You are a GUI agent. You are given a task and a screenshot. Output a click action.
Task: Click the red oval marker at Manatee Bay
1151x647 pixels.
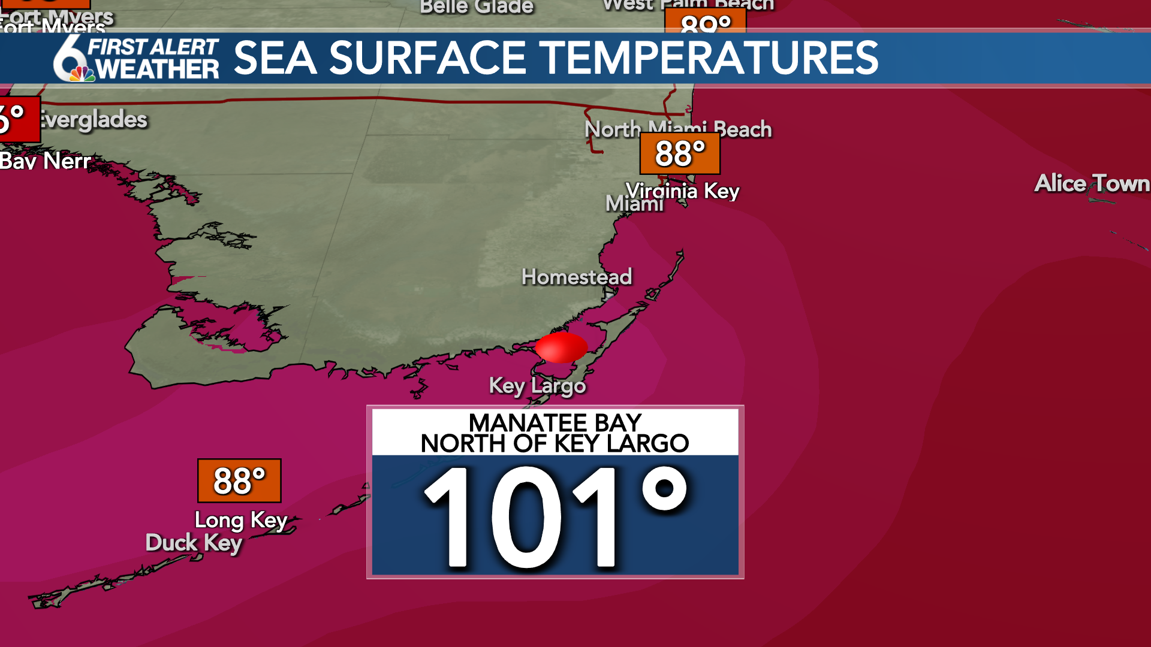point(561,347)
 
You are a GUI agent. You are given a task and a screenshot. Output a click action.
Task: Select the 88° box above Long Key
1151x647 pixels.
point(239,480)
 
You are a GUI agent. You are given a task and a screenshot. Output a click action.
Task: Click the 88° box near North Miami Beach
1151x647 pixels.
point(680,153)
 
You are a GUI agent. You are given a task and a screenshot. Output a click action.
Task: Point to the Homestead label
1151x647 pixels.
point(577,277)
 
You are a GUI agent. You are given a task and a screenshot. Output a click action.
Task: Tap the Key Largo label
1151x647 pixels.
point(537,386)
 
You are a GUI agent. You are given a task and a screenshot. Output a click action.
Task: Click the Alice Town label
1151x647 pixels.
point(1092,183)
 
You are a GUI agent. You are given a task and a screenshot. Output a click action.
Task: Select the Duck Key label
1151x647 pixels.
point(194,543)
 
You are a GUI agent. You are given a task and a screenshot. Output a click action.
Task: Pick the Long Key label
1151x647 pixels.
point(241,520)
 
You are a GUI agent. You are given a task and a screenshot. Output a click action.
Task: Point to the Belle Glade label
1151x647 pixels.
point(477,7)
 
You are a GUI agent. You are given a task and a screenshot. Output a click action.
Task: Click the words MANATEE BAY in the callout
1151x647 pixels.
point(555,422)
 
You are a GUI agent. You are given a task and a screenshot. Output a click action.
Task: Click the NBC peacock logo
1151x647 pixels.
point(82,74)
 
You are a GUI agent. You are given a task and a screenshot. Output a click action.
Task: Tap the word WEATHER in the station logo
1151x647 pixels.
point(158,69)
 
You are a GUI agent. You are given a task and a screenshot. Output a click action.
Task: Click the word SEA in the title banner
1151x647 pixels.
point(275,58)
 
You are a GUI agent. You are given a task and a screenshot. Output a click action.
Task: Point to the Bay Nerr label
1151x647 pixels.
point(46,161)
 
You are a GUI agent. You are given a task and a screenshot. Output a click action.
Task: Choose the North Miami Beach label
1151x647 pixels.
point(678,129)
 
